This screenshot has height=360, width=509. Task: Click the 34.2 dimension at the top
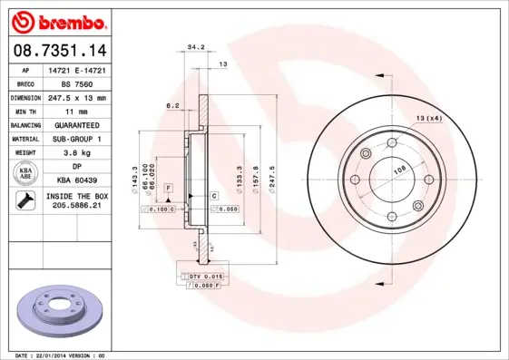194,46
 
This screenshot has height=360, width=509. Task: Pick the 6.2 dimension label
172,106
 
